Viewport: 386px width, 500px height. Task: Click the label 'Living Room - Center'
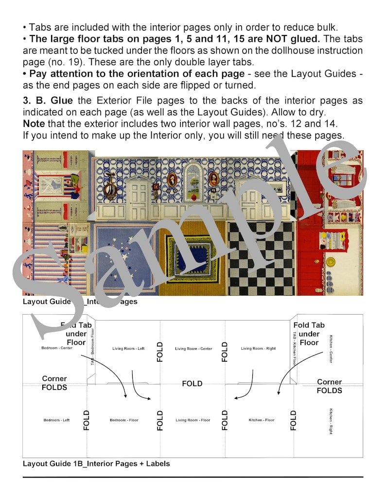(x=193, y=349)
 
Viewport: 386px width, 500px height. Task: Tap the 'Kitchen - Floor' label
(x=262, y=420)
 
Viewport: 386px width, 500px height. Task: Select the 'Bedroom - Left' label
(x=56, y=420)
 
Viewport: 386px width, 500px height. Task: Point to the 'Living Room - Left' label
(x=128, y=349)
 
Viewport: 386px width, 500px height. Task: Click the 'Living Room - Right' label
(x=258, y=349)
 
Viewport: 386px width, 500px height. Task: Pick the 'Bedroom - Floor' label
(x=124, y=420)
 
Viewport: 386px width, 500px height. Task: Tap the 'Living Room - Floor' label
(x=193, y=420)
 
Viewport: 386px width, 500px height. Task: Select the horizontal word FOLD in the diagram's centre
(x=192, y=384)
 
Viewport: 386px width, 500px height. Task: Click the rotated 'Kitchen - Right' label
(x=331, y=421)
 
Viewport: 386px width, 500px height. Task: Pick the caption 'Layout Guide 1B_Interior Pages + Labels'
(x=96, y=464)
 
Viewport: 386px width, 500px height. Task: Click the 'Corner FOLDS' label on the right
(x=329, y=386)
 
